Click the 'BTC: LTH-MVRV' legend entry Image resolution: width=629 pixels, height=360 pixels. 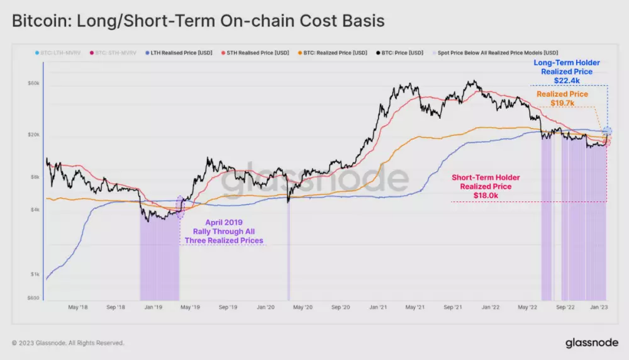tap(58, 52)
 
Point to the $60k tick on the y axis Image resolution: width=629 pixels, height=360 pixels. tap(33, 83)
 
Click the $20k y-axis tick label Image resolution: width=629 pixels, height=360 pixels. tap(33, 135)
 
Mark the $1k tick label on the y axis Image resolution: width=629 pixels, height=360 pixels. tap(35, 274)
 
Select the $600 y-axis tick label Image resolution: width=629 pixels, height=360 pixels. tap(33, 298)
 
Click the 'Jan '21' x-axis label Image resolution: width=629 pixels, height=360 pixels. tap(378, 308)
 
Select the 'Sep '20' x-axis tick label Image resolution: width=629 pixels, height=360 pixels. tap(340, 308)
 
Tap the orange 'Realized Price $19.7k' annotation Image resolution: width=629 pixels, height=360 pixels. tap(562, 98)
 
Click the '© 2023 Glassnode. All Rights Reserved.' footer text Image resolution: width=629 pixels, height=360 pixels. tap(68, 343)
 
